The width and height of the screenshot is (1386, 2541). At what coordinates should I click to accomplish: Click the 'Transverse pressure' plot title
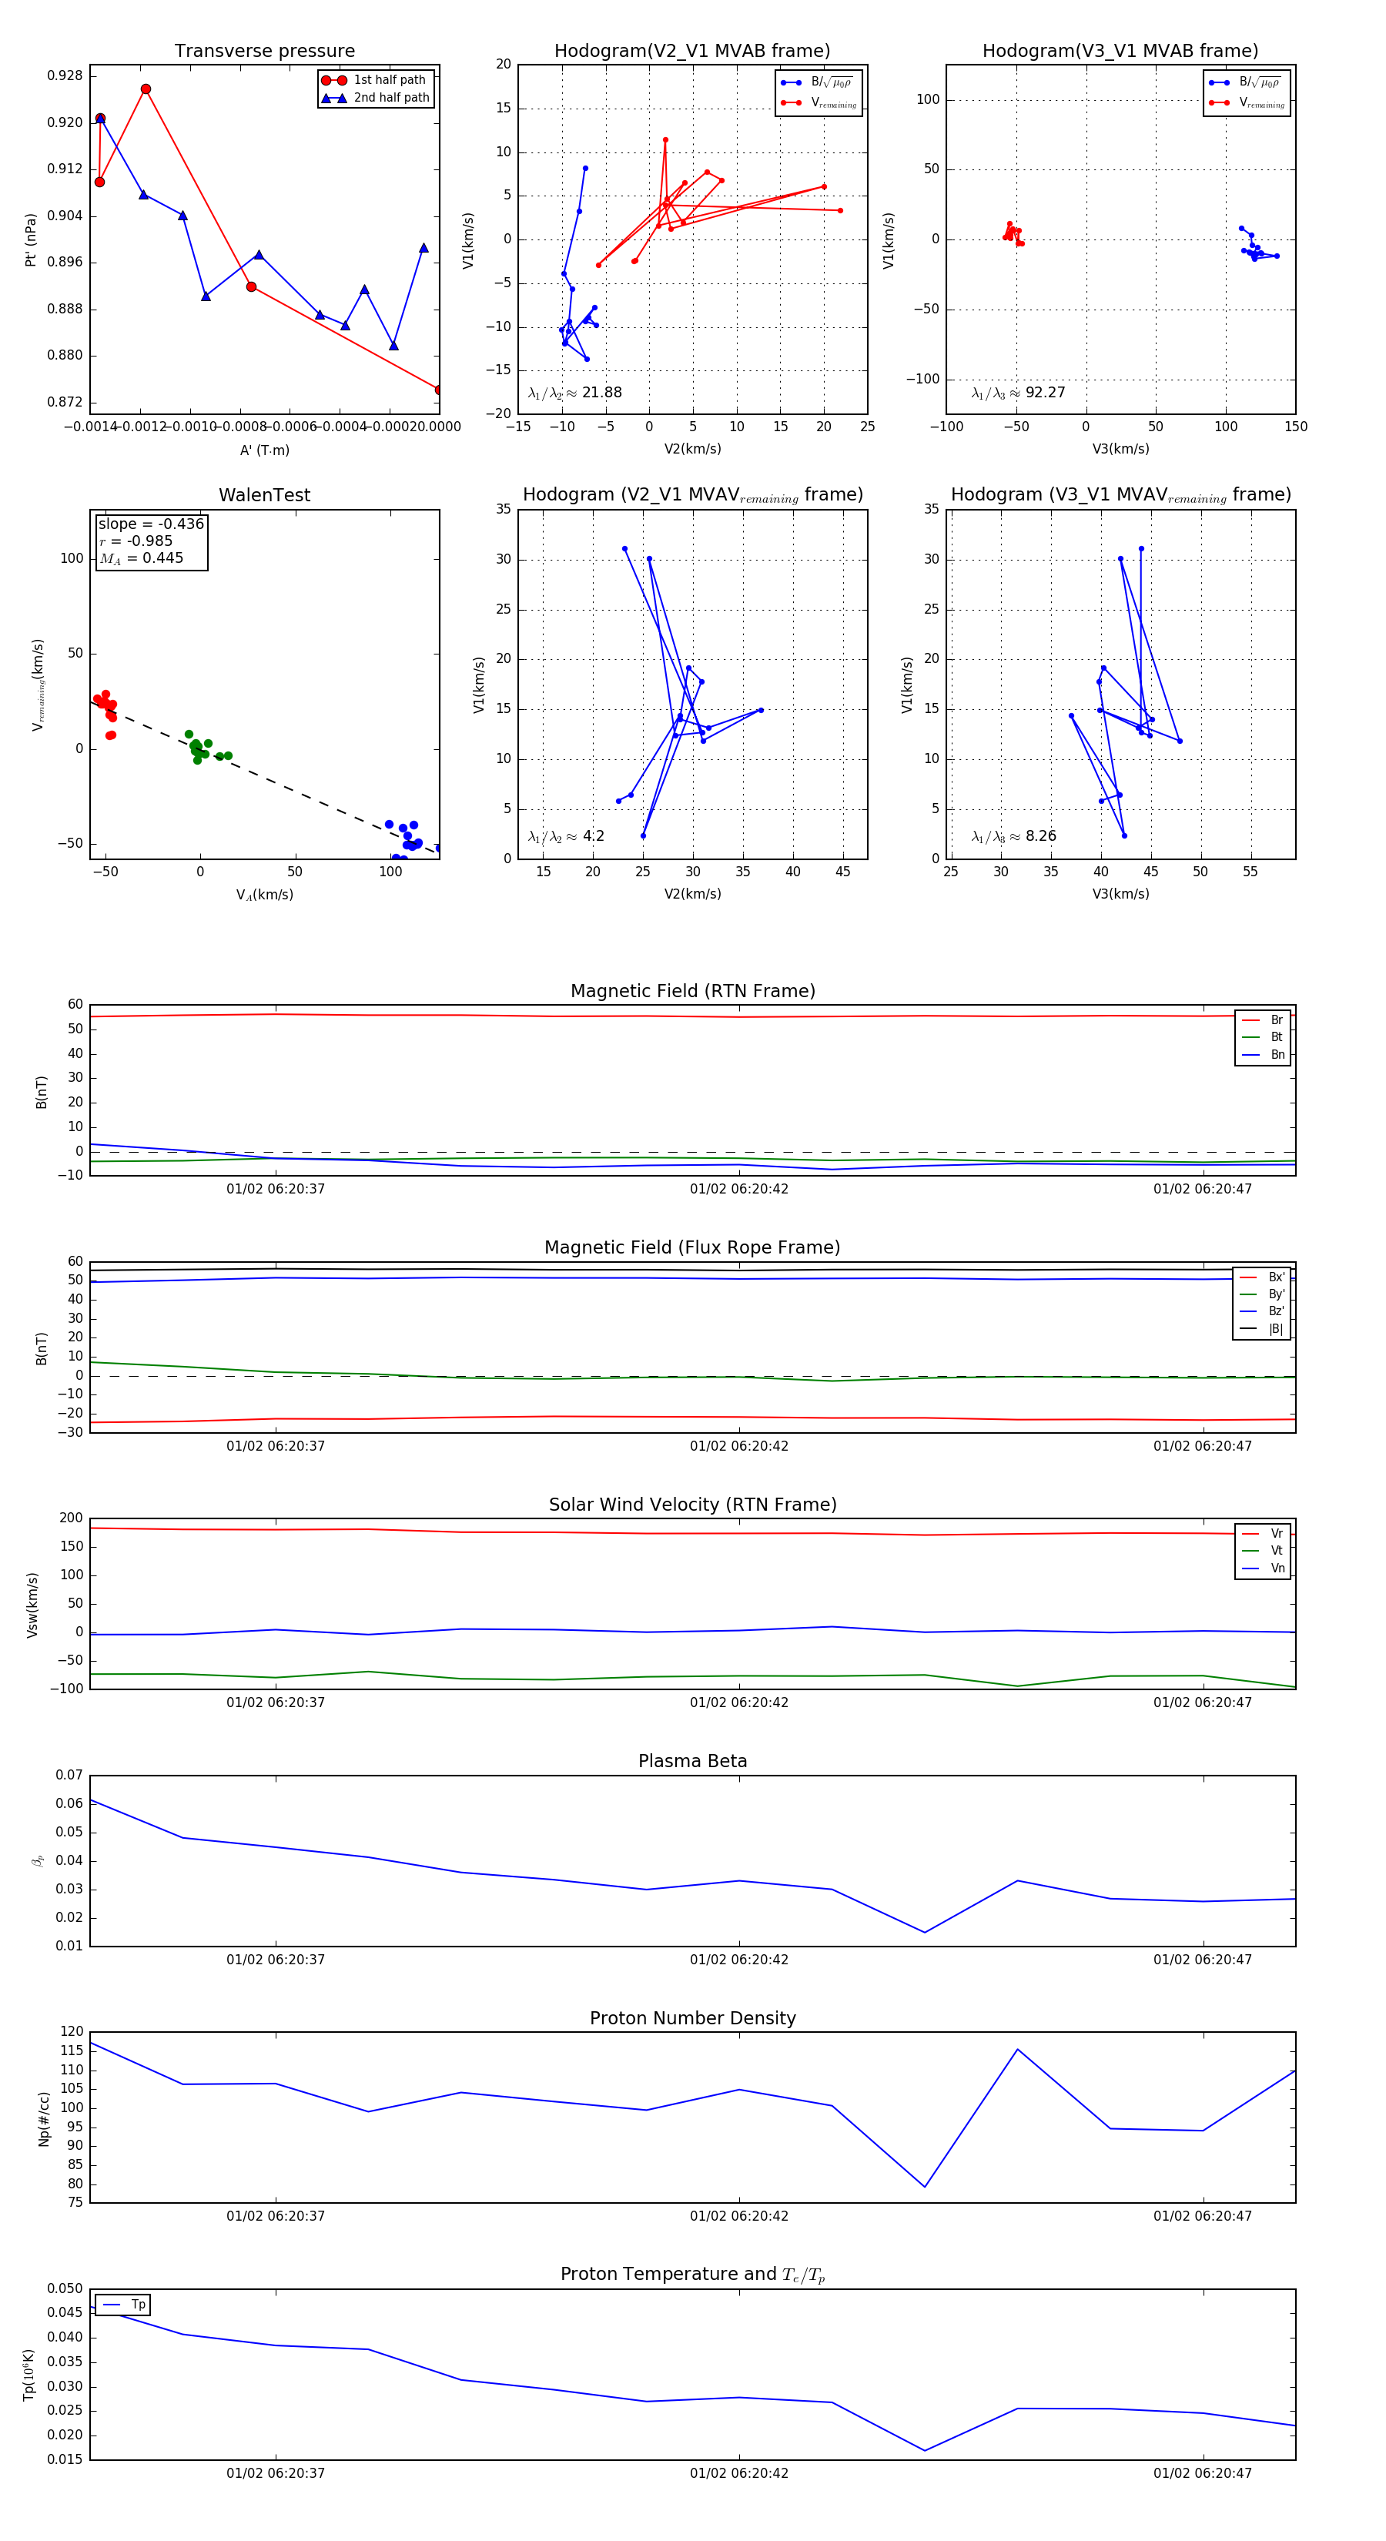click(264, 52)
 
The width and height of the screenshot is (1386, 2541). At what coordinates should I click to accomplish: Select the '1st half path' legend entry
click(389, 80)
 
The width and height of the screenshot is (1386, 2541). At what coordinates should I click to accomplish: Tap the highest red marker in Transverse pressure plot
click(146, 89)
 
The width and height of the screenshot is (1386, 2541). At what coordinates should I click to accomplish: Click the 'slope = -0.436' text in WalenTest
click(151, 524)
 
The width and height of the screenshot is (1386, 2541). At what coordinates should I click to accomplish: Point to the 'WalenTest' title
click(264, 495)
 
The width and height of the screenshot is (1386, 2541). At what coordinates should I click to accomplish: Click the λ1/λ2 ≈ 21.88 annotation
click(574, 393)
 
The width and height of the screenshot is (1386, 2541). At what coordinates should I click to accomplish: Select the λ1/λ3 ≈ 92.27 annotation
click(1018, 393)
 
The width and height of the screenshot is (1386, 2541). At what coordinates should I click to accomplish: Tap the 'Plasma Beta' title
click(692, 1761)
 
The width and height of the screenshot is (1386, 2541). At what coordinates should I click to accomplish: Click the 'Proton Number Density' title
click(692, 2018)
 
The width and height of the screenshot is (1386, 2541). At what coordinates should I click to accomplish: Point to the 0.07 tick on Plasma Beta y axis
click(69, 1776)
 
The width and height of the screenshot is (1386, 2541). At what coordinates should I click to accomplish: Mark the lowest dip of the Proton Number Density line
click(924, 2187)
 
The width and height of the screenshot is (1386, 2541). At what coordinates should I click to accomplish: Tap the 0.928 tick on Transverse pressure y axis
click(65, 76)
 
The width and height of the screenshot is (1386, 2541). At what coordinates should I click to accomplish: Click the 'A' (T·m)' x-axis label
click(264, 450)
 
